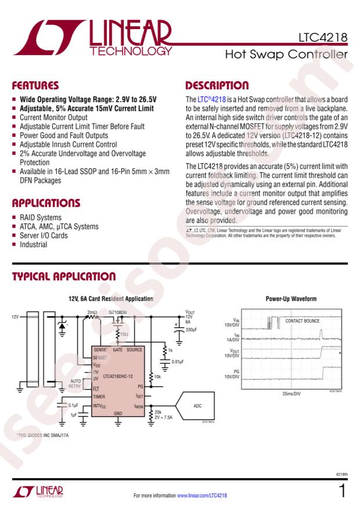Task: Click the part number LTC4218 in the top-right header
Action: [323, 38]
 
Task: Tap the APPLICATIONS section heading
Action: [46, 203]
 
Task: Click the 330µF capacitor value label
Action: [192, 330]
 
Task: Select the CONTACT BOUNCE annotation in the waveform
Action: [302, 320]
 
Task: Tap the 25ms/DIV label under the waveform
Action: [289, 394]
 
